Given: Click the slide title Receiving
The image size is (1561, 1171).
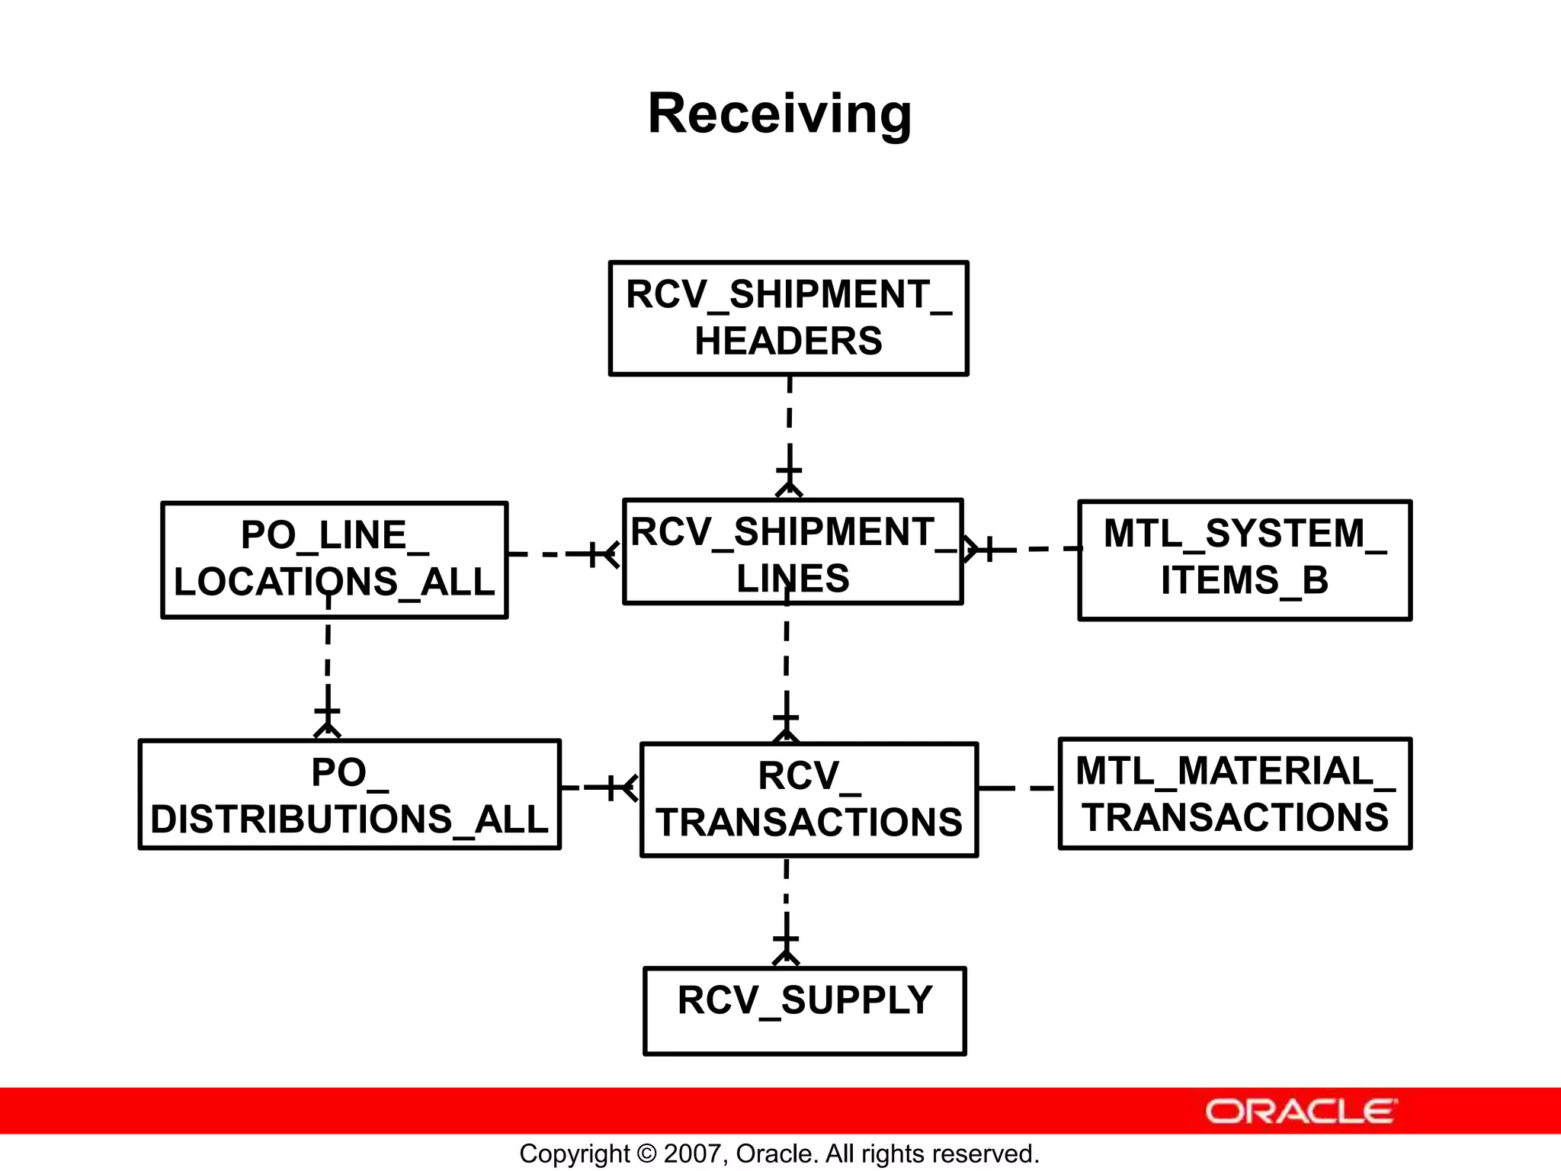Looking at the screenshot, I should (779, 114).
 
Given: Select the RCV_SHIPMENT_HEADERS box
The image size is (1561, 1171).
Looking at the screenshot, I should (788, 318).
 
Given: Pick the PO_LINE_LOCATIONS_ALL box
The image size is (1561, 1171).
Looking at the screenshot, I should (334, 560).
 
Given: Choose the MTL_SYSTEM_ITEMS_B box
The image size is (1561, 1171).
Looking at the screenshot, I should (1245, 560).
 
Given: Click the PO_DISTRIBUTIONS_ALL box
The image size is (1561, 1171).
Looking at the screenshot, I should (349, 794).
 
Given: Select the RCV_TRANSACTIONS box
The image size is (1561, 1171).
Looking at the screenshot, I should (809, 800).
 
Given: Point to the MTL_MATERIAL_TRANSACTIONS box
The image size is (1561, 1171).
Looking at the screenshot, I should (1235, 793).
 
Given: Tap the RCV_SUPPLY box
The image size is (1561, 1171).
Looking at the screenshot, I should (804, 1011).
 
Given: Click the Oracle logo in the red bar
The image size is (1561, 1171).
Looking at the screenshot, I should (1301, 1112).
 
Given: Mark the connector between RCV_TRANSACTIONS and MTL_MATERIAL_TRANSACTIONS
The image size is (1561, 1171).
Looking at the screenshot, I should (1018, 788).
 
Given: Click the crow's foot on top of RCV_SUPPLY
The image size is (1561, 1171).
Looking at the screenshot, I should (786, 956).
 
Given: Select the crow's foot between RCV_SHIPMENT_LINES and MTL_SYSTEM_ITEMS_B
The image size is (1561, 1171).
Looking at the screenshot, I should (971, 549).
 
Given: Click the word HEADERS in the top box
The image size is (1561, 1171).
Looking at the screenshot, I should (788, 341).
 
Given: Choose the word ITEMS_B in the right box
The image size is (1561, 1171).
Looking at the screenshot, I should (1245, 580).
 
